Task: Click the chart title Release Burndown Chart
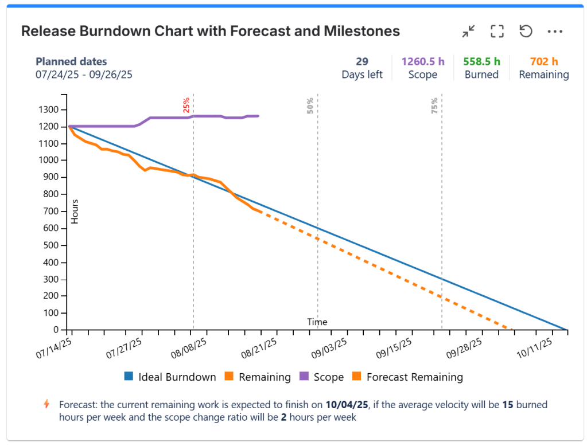tap(210, 31)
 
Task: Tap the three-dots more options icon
tap(555, 32)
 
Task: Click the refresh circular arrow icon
tap(526, 32)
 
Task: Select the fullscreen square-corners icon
tap(497, 32)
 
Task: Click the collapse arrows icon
tap(469, 32)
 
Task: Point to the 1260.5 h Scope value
tap(422, 61)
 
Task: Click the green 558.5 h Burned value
tap(481, 61)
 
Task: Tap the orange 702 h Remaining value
tap(544, 61)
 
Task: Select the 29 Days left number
tap(361, 61)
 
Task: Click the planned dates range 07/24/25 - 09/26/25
tap(83, 75)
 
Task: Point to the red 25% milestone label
tap(186, 105)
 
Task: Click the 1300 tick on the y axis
tap(48, 109)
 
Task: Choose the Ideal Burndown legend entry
tap(170, 377)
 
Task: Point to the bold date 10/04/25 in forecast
tap(347, 405)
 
